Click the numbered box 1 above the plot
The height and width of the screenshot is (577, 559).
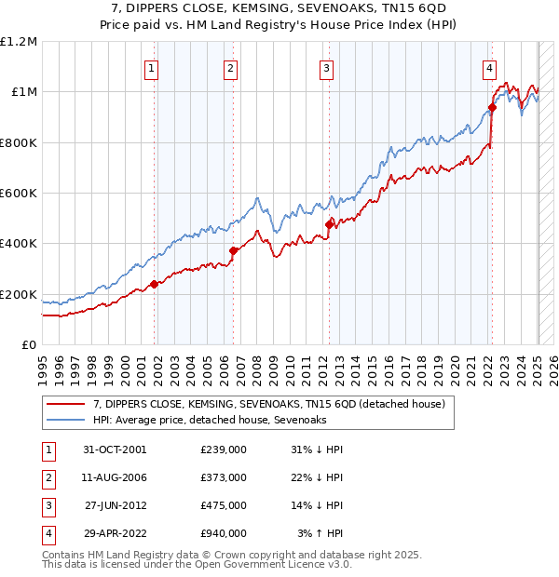pos(151,67)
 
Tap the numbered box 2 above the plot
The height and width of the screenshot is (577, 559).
pos(230,67)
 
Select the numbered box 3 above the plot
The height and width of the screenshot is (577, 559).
pos(327,67)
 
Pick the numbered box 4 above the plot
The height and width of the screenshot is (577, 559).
pos(489,67)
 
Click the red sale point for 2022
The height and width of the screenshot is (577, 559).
pos(492,107)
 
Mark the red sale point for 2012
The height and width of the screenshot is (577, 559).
pos(329,224)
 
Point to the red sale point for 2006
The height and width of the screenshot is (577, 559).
pos(233,250)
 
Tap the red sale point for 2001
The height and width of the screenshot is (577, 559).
pos(155,284)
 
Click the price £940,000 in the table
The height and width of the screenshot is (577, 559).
pos(224,533)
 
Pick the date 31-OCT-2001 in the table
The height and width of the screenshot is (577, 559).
pos(115,450)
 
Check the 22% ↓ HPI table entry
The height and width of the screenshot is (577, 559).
pos(320,477)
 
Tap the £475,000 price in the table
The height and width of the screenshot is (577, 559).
pos(224,505)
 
